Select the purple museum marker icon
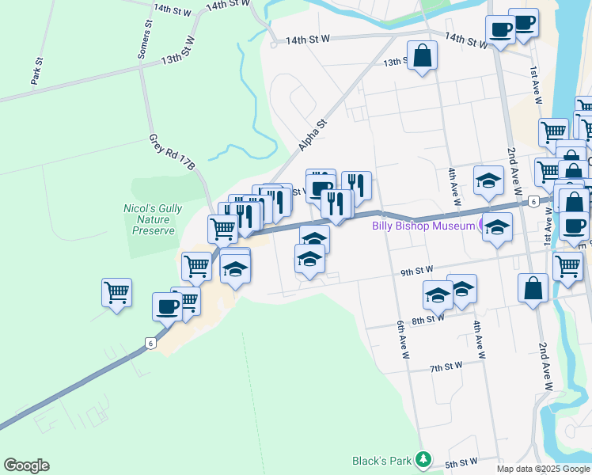tap(484, 226)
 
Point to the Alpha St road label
tap(313, 135)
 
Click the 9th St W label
tap(417, 272)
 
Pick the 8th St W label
tap(427, 319)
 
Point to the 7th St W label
tap(446, 367)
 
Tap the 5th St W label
tap(461, 462)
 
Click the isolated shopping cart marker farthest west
tap(116, 292)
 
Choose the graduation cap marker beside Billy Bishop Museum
tap(497, 228)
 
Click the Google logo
tap(26, 465)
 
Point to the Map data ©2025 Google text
tap(543, 469)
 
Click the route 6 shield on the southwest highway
tap(149, 342)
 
